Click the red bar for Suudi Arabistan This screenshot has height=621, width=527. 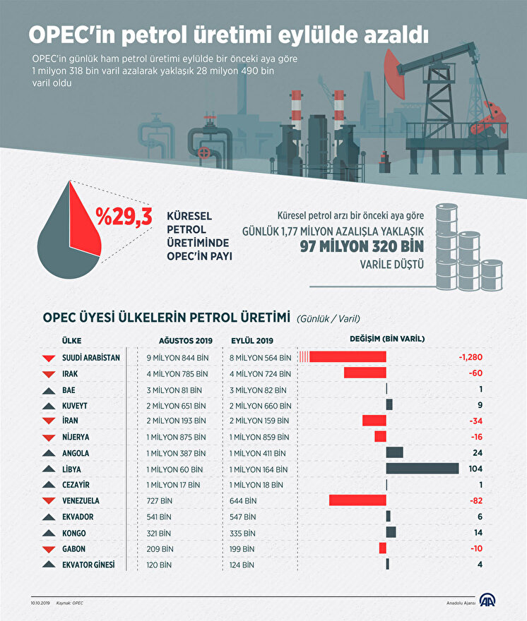(347, 357)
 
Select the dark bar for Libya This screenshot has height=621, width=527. (422, 469)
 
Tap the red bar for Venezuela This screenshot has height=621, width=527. (357, 500)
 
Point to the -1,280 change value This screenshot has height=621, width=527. (470, 357)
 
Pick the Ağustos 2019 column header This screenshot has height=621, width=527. (180, 339)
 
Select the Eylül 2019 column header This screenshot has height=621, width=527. (252, 339)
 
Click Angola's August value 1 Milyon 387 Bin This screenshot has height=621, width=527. (177, 453)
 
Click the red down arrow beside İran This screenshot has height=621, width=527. (49, 421)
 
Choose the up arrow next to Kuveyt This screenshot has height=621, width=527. (49, 406)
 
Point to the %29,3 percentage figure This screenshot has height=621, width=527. (124, 217)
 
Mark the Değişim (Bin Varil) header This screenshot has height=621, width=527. (387, 339)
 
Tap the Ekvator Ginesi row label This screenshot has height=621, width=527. (88, 565)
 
